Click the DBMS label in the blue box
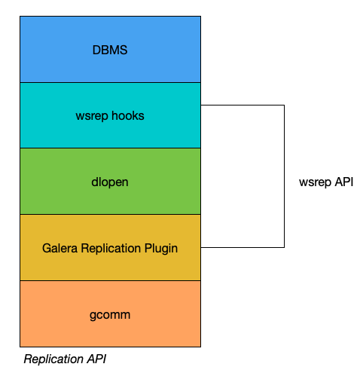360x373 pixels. coord(110,50)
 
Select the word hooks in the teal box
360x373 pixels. coord(128,116)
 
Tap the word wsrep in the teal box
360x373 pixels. coord(92,117)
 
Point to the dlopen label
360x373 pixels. coord(110,182)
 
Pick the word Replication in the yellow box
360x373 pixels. coord(111,249)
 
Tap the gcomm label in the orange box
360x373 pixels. coord(110,316)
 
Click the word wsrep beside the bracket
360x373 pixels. coord(315,182)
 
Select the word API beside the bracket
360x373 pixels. coord(344,182)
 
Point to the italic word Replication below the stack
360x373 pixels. coord(53,359)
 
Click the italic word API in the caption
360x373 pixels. coord(96,359)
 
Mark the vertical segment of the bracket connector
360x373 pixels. coord(284,176)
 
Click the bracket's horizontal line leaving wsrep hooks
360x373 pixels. coord(243,105)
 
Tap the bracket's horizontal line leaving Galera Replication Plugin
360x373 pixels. coord(243,247)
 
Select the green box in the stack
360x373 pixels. coord(110,181)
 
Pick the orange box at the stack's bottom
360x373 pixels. coord(110,313)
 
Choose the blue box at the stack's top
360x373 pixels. coord(110,49)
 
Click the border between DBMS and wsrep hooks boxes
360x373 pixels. coord(110,82)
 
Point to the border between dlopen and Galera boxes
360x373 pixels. coord(110,214)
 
